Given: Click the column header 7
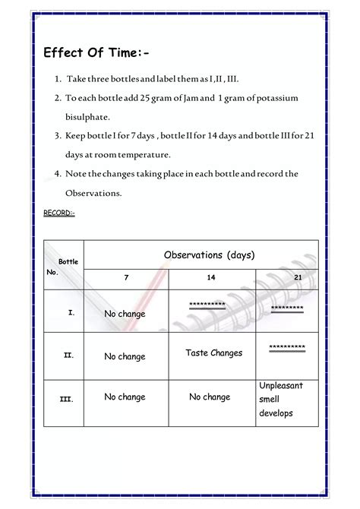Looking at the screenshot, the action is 126,278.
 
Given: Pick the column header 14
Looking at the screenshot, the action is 211,278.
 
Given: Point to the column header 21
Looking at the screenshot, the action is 298,278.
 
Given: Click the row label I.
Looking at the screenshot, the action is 70,312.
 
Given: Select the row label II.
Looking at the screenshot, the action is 68,355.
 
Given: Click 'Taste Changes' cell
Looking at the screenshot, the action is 213,353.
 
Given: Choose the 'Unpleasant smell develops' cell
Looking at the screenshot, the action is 280,400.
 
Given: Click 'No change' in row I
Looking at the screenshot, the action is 125,314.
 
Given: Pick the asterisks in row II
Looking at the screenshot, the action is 287,347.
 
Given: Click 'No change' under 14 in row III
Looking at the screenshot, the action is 210,397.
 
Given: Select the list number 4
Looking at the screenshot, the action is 58,174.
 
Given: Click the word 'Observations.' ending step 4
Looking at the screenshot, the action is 94,193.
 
